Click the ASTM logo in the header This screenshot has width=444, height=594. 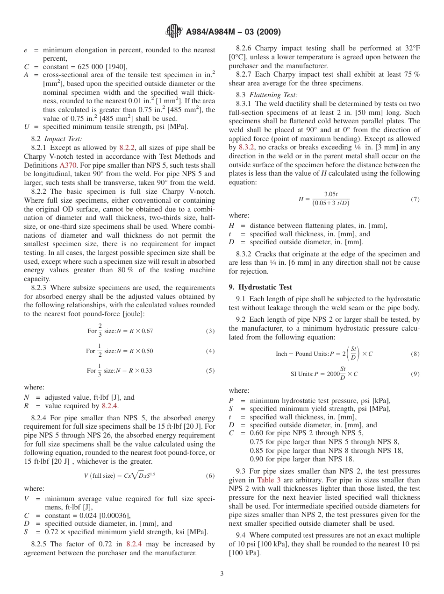click(174, 32)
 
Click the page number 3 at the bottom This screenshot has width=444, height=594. click(222, 574)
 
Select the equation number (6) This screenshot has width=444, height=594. click(210, 476)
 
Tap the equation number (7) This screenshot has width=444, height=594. click(415, 199)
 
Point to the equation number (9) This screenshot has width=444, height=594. click(415, 374)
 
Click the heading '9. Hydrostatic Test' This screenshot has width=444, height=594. click(260, 287)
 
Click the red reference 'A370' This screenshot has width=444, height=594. click(66, 165)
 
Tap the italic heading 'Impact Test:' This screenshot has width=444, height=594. click(63, 139)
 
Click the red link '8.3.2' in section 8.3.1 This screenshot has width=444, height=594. click(246, 147)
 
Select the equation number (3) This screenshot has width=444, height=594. click(210, 331)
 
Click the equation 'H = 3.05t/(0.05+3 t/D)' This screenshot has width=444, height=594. click(324, 199)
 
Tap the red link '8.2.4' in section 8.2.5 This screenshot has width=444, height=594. click(134, 544)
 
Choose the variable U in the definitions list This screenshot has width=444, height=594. click(27, 126)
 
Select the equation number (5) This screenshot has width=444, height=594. click(210, 371)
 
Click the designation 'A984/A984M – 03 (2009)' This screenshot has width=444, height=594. click(233, 32)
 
